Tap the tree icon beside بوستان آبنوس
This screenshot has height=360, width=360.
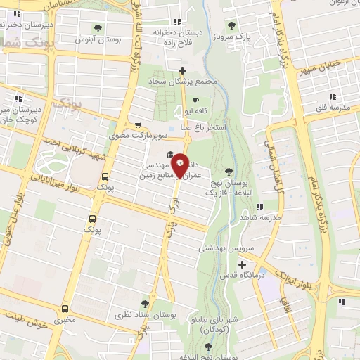[x=98, y=29]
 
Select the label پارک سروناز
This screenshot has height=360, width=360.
[x=252, y=35]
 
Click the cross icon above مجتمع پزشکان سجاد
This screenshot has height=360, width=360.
[x=183, y=70]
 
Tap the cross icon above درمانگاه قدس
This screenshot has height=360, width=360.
[x=243, y=265]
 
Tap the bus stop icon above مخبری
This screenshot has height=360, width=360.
[x=65, y=308]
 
